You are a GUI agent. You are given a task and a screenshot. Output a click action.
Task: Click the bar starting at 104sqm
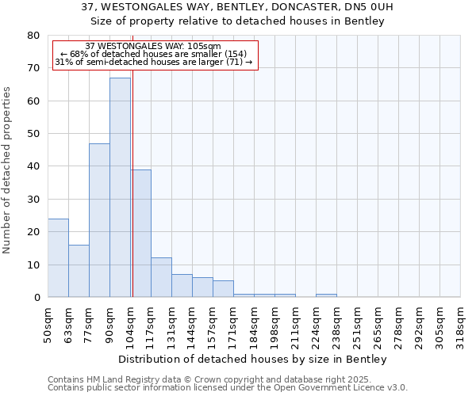click(x=140, y=234)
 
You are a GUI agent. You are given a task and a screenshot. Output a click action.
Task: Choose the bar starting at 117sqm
click(x=161, y=277)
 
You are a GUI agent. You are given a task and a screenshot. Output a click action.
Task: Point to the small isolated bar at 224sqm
click(x=326, y=295)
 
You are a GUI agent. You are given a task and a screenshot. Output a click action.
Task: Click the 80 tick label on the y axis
click(x=33, y=36)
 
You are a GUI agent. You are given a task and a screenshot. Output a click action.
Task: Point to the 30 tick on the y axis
click(x=33, y=199)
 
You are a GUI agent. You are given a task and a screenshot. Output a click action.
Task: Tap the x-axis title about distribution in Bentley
click(x=257, y=360)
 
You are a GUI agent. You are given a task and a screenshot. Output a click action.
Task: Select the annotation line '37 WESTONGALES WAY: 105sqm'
click(x=153, y=47)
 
